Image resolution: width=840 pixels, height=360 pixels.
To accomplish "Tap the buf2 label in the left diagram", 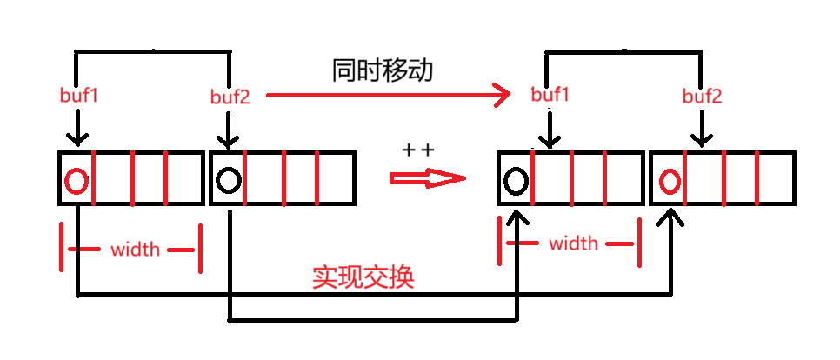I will click(230, 97).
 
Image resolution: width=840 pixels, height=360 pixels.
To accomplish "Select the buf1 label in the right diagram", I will click(550, 95).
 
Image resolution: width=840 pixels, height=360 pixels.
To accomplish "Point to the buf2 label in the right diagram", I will click(702, 96).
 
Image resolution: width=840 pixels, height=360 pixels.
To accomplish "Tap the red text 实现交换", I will click(363, 277).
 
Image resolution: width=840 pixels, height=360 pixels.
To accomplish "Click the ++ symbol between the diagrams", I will click(418, 150).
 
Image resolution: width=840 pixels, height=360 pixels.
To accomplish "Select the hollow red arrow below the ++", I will click(427, 178).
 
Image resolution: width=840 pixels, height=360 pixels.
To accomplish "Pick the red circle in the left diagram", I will click(77, 181).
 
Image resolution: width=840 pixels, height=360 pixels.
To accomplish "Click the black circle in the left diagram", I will click(228, 180).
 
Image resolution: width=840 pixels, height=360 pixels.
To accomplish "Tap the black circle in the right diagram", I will click(516, 181).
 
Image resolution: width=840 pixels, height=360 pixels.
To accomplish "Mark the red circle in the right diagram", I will click(669, 181).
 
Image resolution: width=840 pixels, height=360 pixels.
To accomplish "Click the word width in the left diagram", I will click(135, 250).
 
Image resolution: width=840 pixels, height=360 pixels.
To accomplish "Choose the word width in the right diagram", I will click(574, 243).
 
